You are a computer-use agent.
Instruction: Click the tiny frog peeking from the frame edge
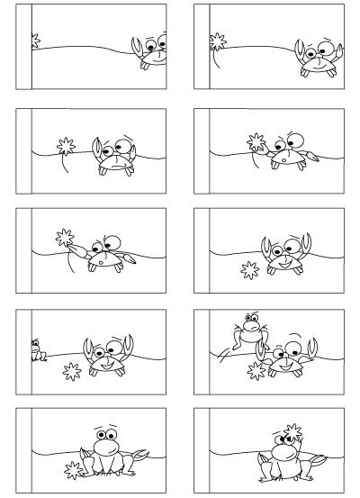tap(37, 350)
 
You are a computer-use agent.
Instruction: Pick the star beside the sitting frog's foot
tap(69, 466)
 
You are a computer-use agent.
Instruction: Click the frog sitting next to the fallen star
tap(106, 450)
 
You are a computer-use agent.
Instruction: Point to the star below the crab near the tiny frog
tap(69, 370)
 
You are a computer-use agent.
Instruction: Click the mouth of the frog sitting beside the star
tap(107, 443)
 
